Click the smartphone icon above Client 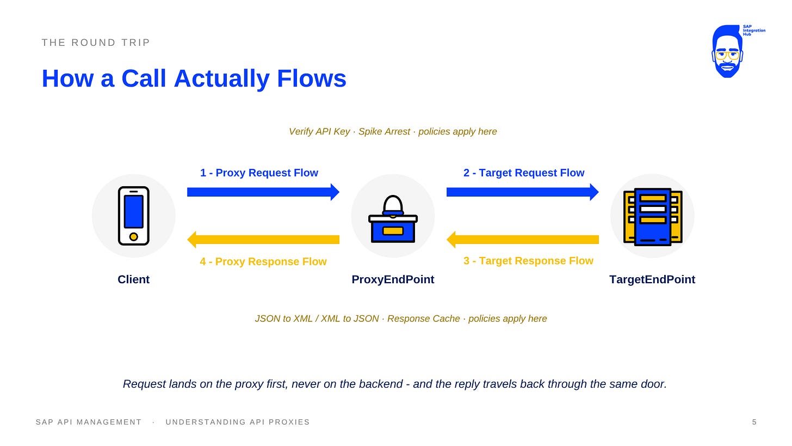134,216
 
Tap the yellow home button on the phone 134,236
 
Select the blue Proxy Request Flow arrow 263,192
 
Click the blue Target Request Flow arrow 523,192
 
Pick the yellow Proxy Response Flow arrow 263,240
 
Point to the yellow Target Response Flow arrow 523,240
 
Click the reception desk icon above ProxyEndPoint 393,219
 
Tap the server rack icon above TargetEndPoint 653,217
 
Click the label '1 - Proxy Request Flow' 259,173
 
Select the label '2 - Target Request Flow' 524,173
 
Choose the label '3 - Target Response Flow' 528,261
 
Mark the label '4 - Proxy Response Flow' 263,261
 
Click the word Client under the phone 134,279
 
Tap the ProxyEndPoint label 393,280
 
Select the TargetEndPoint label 652,280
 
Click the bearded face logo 727,51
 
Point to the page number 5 754,422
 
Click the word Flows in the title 312,78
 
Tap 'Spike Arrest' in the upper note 384,132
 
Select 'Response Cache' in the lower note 424,319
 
